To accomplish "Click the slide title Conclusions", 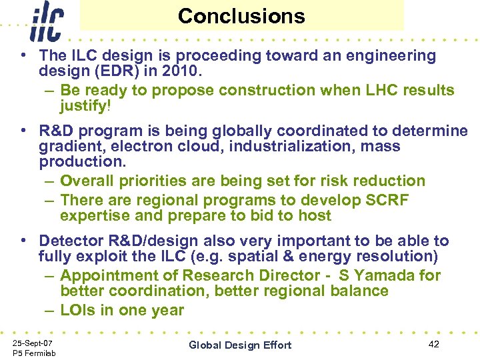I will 241,16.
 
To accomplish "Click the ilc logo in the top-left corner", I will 46,21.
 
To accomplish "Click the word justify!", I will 85,106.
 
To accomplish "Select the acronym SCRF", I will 386,200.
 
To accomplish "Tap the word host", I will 315,215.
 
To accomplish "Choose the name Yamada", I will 405,275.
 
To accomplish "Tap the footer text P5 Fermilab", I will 33,352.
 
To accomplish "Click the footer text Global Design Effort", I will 240,345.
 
